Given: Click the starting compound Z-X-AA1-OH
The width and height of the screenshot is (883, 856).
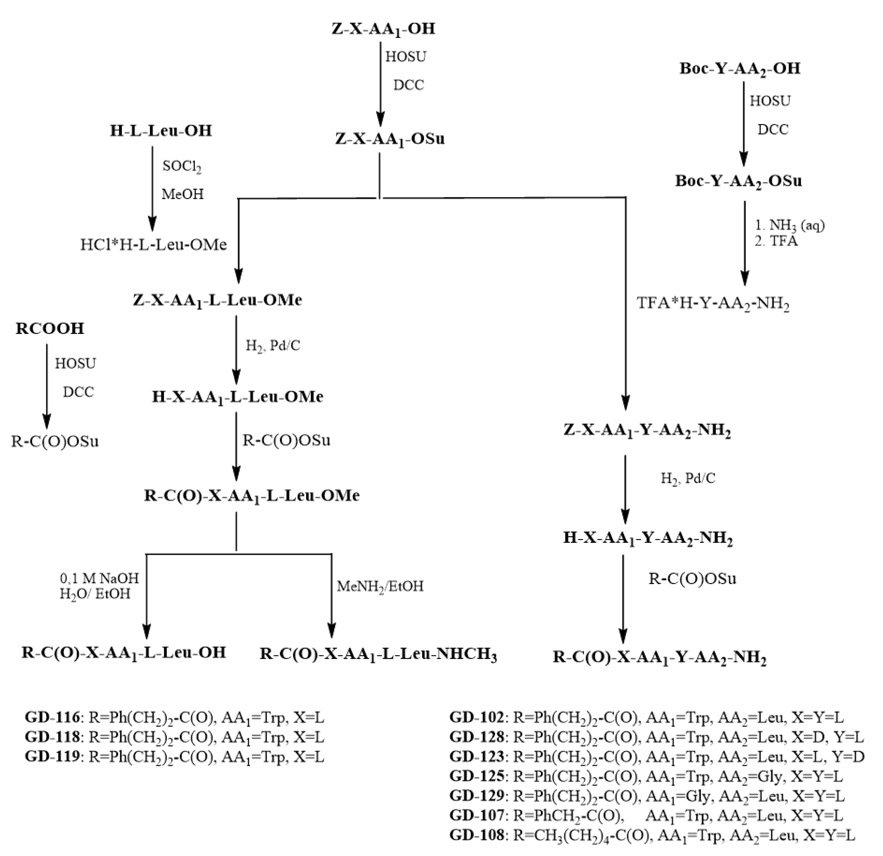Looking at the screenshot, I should [x=384, y=29].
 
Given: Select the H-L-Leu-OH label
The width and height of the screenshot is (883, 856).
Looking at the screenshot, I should [x=161, y=131].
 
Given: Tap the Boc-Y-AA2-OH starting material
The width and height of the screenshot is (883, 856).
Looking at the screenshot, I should [x=740, y=69].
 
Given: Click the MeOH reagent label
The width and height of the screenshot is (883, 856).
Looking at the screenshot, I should [x=182, y=194].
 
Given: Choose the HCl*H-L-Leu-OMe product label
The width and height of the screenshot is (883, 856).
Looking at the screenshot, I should [x=154, y=245].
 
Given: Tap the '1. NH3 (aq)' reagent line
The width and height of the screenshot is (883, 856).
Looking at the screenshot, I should [x=789, y=225].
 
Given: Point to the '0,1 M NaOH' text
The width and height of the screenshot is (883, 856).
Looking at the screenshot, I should [x=99, y=578].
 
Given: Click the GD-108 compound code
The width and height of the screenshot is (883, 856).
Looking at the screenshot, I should [x=477, y=835].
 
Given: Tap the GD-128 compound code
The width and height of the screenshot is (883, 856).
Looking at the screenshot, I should [x=477, y=737].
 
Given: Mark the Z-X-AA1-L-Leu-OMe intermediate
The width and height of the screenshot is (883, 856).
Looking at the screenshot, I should [x=217, y=300].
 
